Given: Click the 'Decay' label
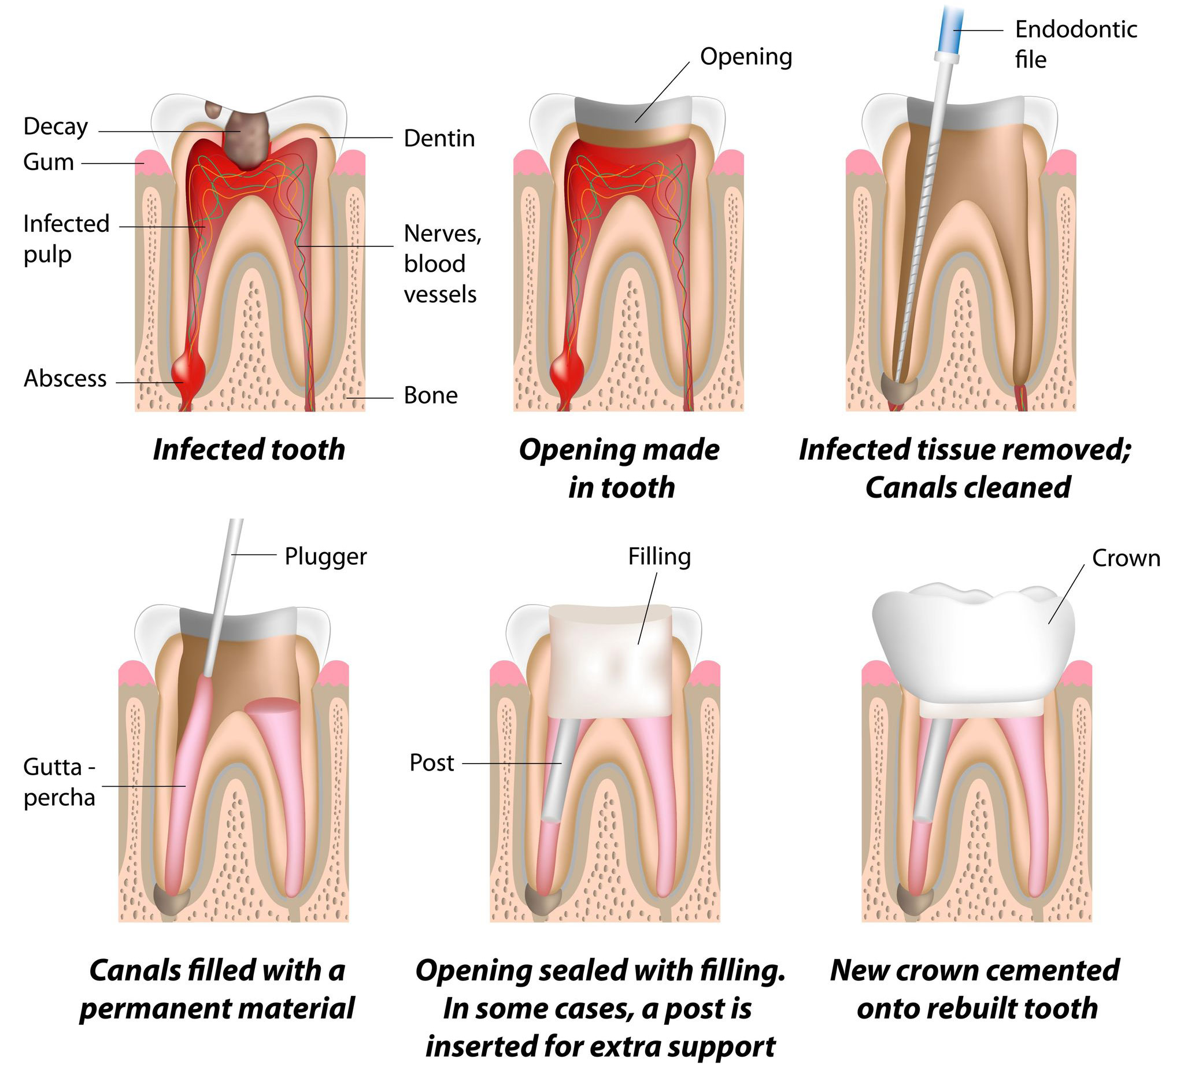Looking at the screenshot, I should [56, 127].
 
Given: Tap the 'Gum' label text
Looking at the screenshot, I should [49, 162].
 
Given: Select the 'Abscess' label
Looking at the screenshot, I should [65, 379].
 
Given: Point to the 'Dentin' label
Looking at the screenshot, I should [439, 139].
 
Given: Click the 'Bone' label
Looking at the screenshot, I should [431, 396].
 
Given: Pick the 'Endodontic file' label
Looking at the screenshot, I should [1075, 44].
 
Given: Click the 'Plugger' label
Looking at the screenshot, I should [325, 556].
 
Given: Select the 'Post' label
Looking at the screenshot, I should [432, 762].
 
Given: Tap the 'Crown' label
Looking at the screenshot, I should [1126, 558].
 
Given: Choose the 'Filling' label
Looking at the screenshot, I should [659, 556].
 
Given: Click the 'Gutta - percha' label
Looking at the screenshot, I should [60, 782].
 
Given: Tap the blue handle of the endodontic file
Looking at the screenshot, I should [949, 27].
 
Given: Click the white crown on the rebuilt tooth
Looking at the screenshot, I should [973, 640].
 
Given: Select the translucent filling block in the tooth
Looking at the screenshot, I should [609, 661].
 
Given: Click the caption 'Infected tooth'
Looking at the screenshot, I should [249, 450].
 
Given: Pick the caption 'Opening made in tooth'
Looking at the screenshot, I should [620, 469].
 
